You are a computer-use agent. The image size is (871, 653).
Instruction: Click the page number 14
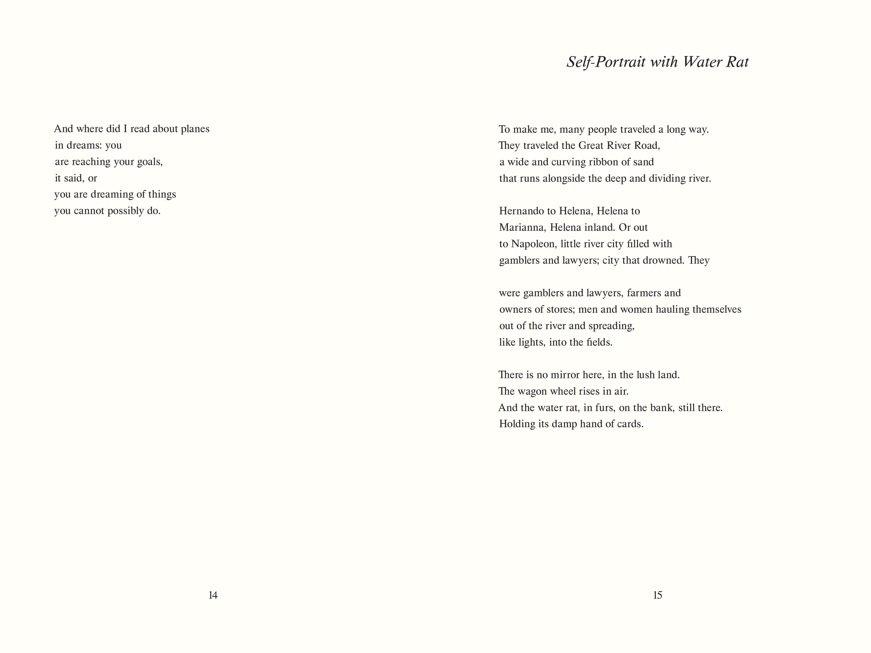point(213,595)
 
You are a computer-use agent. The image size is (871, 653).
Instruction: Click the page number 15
point(657,595)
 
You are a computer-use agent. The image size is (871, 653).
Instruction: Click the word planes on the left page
point(195,129)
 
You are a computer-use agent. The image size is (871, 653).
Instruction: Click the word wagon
point(532,391)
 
